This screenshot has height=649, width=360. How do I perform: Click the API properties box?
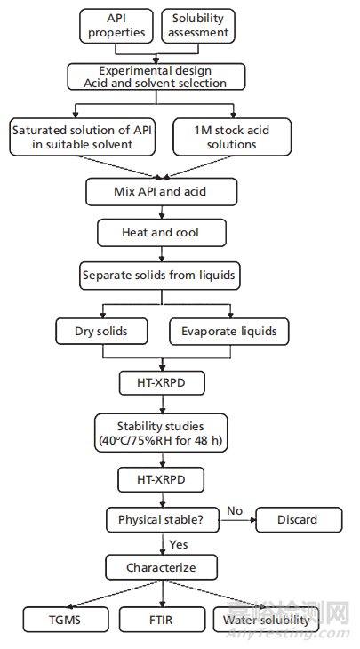pos(116,26)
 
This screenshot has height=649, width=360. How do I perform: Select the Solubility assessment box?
pos(198,26)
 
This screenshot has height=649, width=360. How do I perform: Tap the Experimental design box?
pos(156,76)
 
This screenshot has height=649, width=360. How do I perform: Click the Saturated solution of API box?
pos(83,137)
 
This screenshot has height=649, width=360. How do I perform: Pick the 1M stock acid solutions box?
pos(232,137)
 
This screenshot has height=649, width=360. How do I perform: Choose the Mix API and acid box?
pos(162,192)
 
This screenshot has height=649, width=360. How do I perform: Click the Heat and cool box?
pos(162,233)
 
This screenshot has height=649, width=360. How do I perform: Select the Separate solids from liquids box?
pos(159,276)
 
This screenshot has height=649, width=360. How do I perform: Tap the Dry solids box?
pos(101,331)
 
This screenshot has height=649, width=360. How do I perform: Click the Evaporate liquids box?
pos(229,331)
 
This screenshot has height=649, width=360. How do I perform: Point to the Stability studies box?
pos(161,433)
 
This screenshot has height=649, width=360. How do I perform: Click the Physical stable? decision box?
pos(162,519)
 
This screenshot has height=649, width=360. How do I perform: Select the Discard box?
pos(299,519)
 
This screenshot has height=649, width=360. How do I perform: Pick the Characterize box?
pos(161,567)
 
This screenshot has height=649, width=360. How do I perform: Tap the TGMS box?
pos(66,620)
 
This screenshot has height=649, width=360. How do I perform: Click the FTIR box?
pos(162,620)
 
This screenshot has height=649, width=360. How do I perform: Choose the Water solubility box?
pos(266,620)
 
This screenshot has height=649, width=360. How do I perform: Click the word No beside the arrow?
pos(234,511)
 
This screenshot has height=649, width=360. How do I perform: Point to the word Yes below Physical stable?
pos(179,544)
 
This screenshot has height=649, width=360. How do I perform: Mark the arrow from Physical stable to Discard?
pos(237,520)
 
